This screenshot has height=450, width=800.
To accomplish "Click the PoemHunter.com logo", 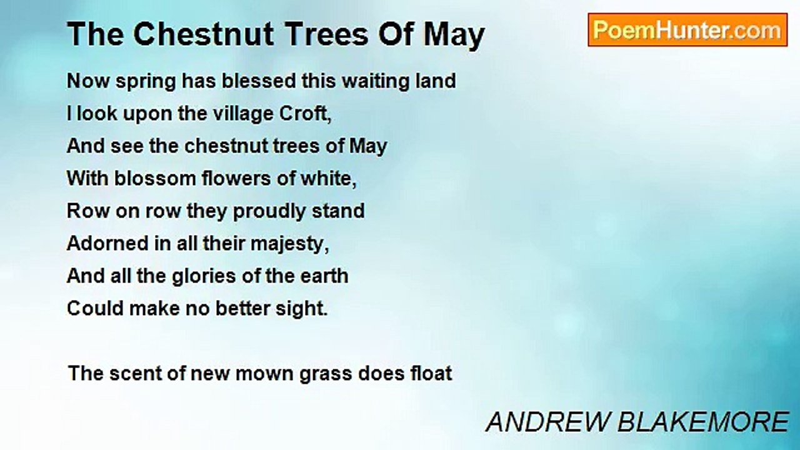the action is (x=687, y=30).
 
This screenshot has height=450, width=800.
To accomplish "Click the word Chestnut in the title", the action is (x=204, y=34).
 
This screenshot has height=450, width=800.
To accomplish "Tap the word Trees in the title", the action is (x=327, y=34).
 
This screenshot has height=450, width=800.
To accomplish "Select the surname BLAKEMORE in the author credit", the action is (x=703, y=422).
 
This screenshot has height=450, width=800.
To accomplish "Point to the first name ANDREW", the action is (x=547, y=422).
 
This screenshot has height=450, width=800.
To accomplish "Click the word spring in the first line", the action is (x=146, y=82).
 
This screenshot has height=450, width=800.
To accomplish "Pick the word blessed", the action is (x=259, y=81).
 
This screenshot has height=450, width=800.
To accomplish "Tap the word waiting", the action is (x=376, y=82).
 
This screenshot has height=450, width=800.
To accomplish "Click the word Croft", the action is (x=306, y=114).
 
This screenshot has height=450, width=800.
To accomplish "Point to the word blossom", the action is (x=155, y=178).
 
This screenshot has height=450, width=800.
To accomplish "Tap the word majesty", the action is (x=289, y=244).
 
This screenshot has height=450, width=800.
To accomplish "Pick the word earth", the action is (x=324, y=276).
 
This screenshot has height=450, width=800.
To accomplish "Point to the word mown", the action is (x=264, y=374).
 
